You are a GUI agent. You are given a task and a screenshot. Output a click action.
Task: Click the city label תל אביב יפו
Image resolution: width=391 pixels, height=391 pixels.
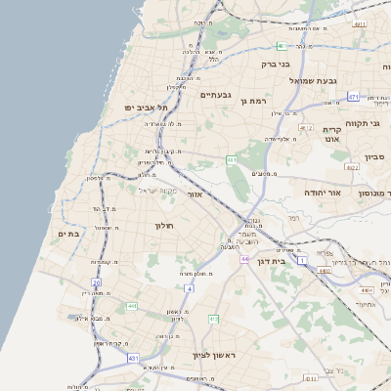pos(146,107)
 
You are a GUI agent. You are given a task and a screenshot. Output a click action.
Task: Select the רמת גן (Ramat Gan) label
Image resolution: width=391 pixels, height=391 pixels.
pos(258,101)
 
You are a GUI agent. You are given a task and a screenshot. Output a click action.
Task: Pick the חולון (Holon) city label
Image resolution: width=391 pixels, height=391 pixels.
pos(163,226)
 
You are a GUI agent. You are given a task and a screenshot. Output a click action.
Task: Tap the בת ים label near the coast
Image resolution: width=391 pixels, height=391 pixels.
pos(67,234)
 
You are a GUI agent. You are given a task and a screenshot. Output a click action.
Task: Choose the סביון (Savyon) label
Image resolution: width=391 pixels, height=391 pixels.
pos(375,156)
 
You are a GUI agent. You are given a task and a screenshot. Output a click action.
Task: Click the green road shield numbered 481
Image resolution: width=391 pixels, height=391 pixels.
pos(282,45)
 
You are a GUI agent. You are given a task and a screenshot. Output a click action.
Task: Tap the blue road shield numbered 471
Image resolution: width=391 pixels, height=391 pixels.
pos(353,97)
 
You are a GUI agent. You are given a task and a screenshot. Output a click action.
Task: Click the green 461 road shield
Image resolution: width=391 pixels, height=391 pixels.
pos(232,158)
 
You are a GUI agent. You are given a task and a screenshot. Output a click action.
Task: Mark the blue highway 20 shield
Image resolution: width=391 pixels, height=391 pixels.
pos(97,282)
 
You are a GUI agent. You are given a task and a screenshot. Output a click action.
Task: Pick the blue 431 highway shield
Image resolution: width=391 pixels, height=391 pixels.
pos(133,359)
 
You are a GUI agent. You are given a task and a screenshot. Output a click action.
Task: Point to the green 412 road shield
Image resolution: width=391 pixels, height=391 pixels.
pos(214,320)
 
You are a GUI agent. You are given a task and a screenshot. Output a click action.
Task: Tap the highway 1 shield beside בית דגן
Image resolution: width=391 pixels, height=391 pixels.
pos(303,259)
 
